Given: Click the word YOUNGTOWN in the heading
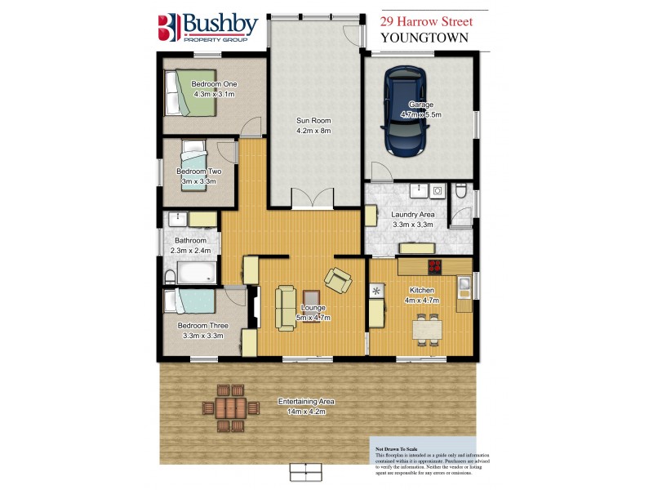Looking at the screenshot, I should [x=423, y=38].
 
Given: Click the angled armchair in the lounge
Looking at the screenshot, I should [x=338, y=279].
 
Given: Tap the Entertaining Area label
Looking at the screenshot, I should [x=306, y=402].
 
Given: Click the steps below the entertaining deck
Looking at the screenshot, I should [x=307, y=472].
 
